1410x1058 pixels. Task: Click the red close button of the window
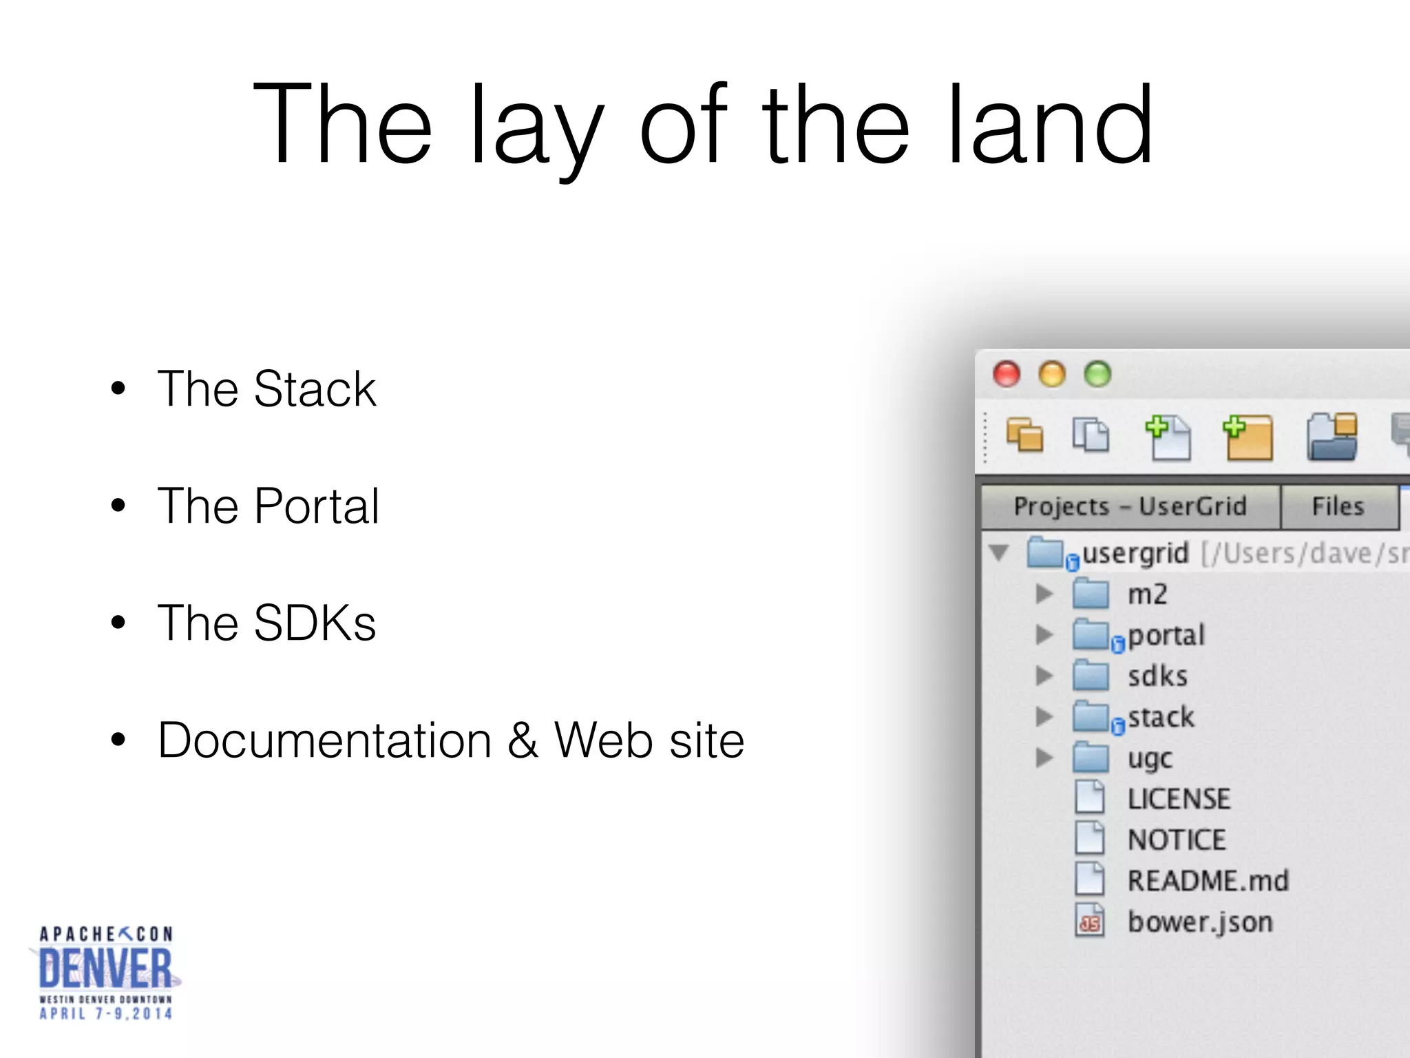1007,374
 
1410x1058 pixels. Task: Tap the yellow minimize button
1052,374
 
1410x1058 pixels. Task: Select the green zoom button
1097,374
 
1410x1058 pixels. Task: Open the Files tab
1338,506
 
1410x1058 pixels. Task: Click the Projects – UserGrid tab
1130,506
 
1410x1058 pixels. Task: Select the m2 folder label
1147,594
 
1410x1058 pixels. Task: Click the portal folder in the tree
1166,635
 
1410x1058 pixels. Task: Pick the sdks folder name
1157,676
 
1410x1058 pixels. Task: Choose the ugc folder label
1150,758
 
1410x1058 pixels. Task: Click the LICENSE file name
1179,799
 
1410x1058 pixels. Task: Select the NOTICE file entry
1177,840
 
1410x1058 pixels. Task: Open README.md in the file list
1208,881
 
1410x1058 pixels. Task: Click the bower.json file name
1200,922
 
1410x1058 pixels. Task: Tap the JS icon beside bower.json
1090,922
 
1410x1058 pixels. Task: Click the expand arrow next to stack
1044,717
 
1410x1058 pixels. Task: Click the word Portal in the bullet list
317,506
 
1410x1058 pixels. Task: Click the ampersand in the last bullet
523,740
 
